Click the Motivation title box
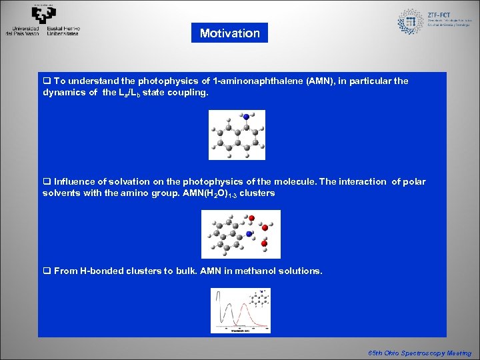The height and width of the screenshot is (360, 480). pyautogui.click(x=229, y=33)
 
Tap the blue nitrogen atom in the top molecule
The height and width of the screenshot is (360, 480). pyautogui.click(x=246, y=117)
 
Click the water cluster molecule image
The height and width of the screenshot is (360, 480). pyautogui.click(x=241, y=234)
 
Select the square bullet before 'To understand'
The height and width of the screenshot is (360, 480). pyautogui.click(x=47, y=81)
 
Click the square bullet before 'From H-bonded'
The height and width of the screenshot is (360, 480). pyautogui.click(x=47, y=271)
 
